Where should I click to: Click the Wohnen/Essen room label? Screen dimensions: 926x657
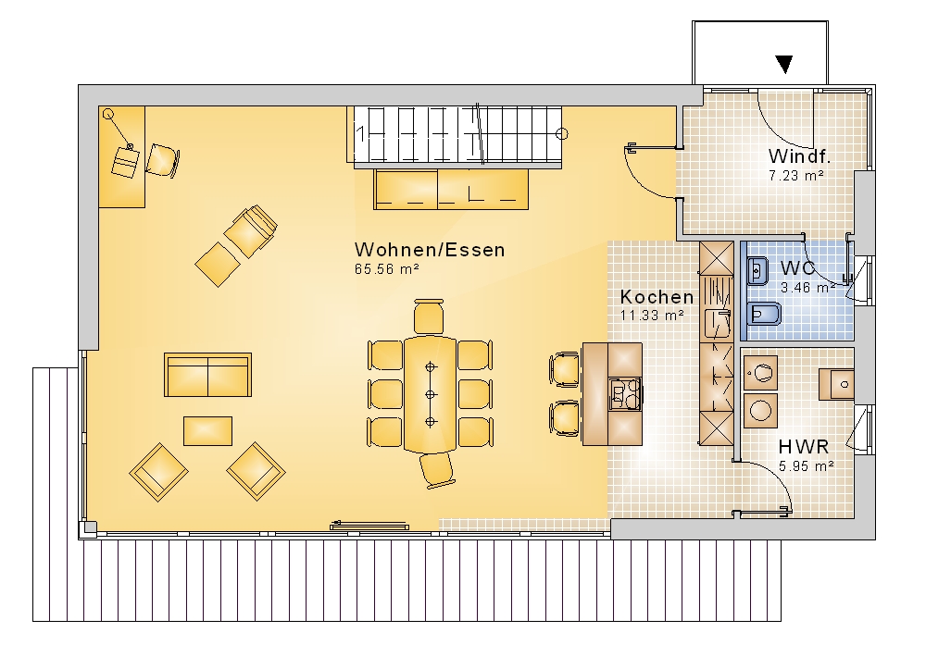tap(430, 250)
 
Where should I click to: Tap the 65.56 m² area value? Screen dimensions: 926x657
tap(387, 269)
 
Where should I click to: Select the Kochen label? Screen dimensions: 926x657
tap(657, 296)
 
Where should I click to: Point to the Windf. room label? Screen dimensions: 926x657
tap(800, 156)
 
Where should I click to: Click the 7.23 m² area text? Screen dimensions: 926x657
tap(796, 175)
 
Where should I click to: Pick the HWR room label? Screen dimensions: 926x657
tap(804, 447)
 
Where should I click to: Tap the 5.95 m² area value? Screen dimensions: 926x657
tap(807, 465)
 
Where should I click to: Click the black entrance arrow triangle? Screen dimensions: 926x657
tap(784, 64)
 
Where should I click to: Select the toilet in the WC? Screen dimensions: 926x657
tap(764, 314)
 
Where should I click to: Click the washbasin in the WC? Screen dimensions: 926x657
tap(757, 271)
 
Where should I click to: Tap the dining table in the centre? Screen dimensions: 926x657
tap(430, 393)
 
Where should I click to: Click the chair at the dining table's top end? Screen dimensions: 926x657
tap(429, 317)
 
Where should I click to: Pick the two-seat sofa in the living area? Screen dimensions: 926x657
tap(207, 375)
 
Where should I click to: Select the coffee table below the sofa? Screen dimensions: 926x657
tap(207, 431)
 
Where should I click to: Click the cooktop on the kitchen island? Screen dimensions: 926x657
tap(625, 393)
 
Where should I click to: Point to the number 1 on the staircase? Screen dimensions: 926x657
tap(361, 134)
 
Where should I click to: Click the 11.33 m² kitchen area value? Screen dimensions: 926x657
tap(652, 316)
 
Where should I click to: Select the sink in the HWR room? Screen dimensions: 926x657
tap(836, 384)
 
